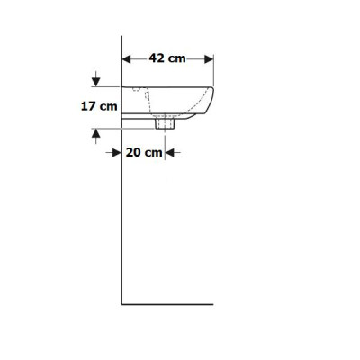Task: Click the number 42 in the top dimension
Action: [x=157, y=58]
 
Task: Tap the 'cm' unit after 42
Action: [x=176, y=58]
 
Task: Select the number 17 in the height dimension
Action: [x=88, y=106]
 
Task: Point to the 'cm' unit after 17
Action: [x=108, y=107]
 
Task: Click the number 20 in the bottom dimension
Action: [x=133, y=152]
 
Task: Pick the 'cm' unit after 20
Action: [x=153, y=153]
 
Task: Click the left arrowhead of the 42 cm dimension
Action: [x=127, y=59]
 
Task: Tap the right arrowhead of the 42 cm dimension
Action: [x=209, y=59]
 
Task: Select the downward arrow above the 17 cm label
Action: [x=95, y=79]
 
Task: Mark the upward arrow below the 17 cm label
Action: [x=95, y=137]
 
